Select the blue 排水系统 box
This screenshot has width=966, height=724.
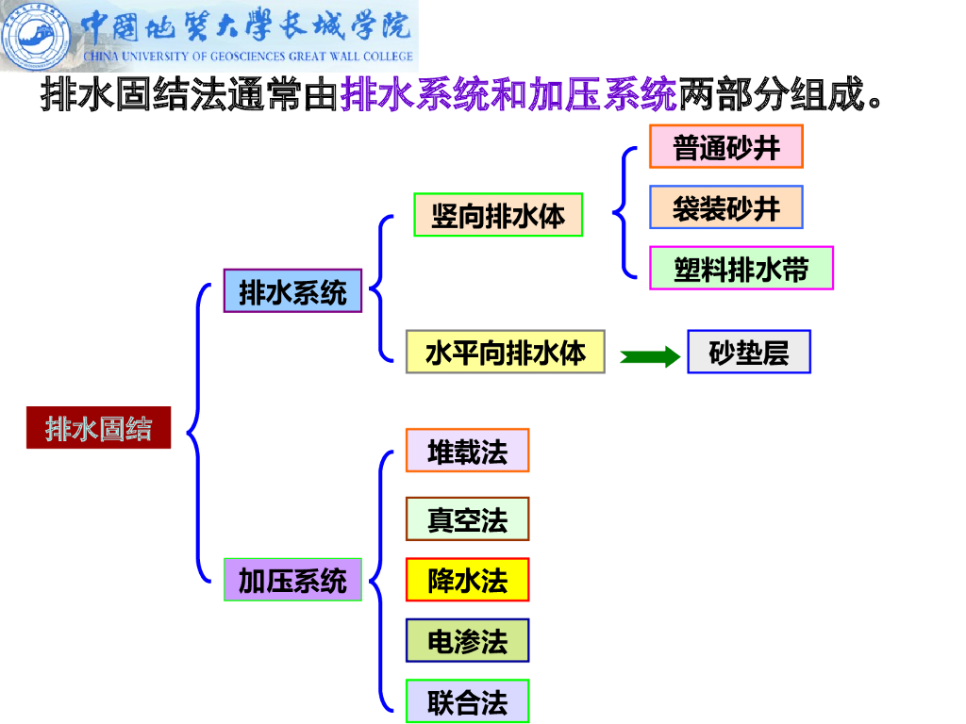292,290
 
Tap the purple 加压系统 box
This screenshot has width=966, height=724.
292,579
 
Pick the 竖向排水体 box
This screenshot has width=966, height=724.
498,216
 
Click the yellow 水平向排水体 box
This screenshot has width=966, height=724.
505,352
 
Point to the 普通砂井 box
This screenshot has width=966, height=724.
725,146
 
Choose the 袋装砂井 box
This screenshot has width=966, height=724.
725,207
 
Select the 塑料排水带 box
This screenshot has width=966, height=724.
741,268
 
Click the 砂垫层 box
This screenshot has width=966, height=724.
748,352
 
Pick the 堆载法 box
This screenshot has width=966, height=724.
467,451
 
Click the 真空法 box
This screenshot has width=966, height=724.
467,518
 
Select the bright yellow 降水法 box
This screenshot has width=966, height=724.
467,580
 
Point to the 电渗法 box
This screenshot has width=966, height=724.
467,641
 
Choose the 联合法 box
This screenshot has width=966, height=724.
467,701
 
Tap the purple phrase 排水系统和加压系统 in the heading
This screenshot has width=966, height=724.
508,95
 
